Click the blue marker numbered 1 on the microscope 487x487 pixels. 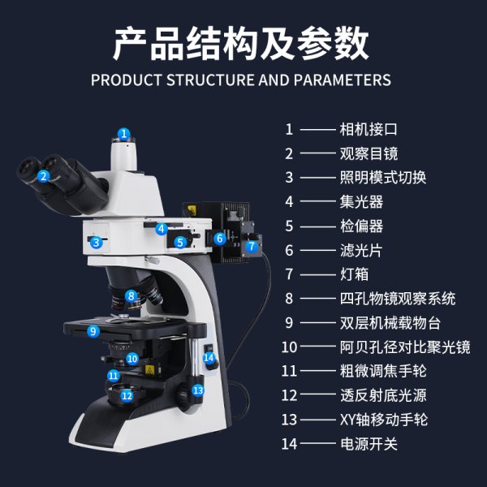(123, 134)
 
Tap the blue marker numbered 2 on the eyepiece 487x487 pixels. (45, 175)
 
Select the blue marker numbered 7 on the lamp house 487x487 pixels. (252, 245)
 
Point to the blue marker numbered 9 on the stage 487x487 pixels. (93, 331)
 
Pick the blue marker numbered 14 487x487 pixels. (209, 357)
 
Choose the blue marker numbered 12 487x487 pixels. (127, 396)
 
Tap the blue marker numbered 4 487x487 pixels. (162, 229)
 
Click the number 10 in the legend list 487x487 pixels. (290, 347)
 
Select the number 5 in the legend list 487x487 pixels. (289, 226)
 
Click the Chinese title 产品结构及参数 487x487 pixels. (241, 43)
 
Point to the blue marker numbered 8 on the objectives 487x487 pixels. (131, 296)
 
